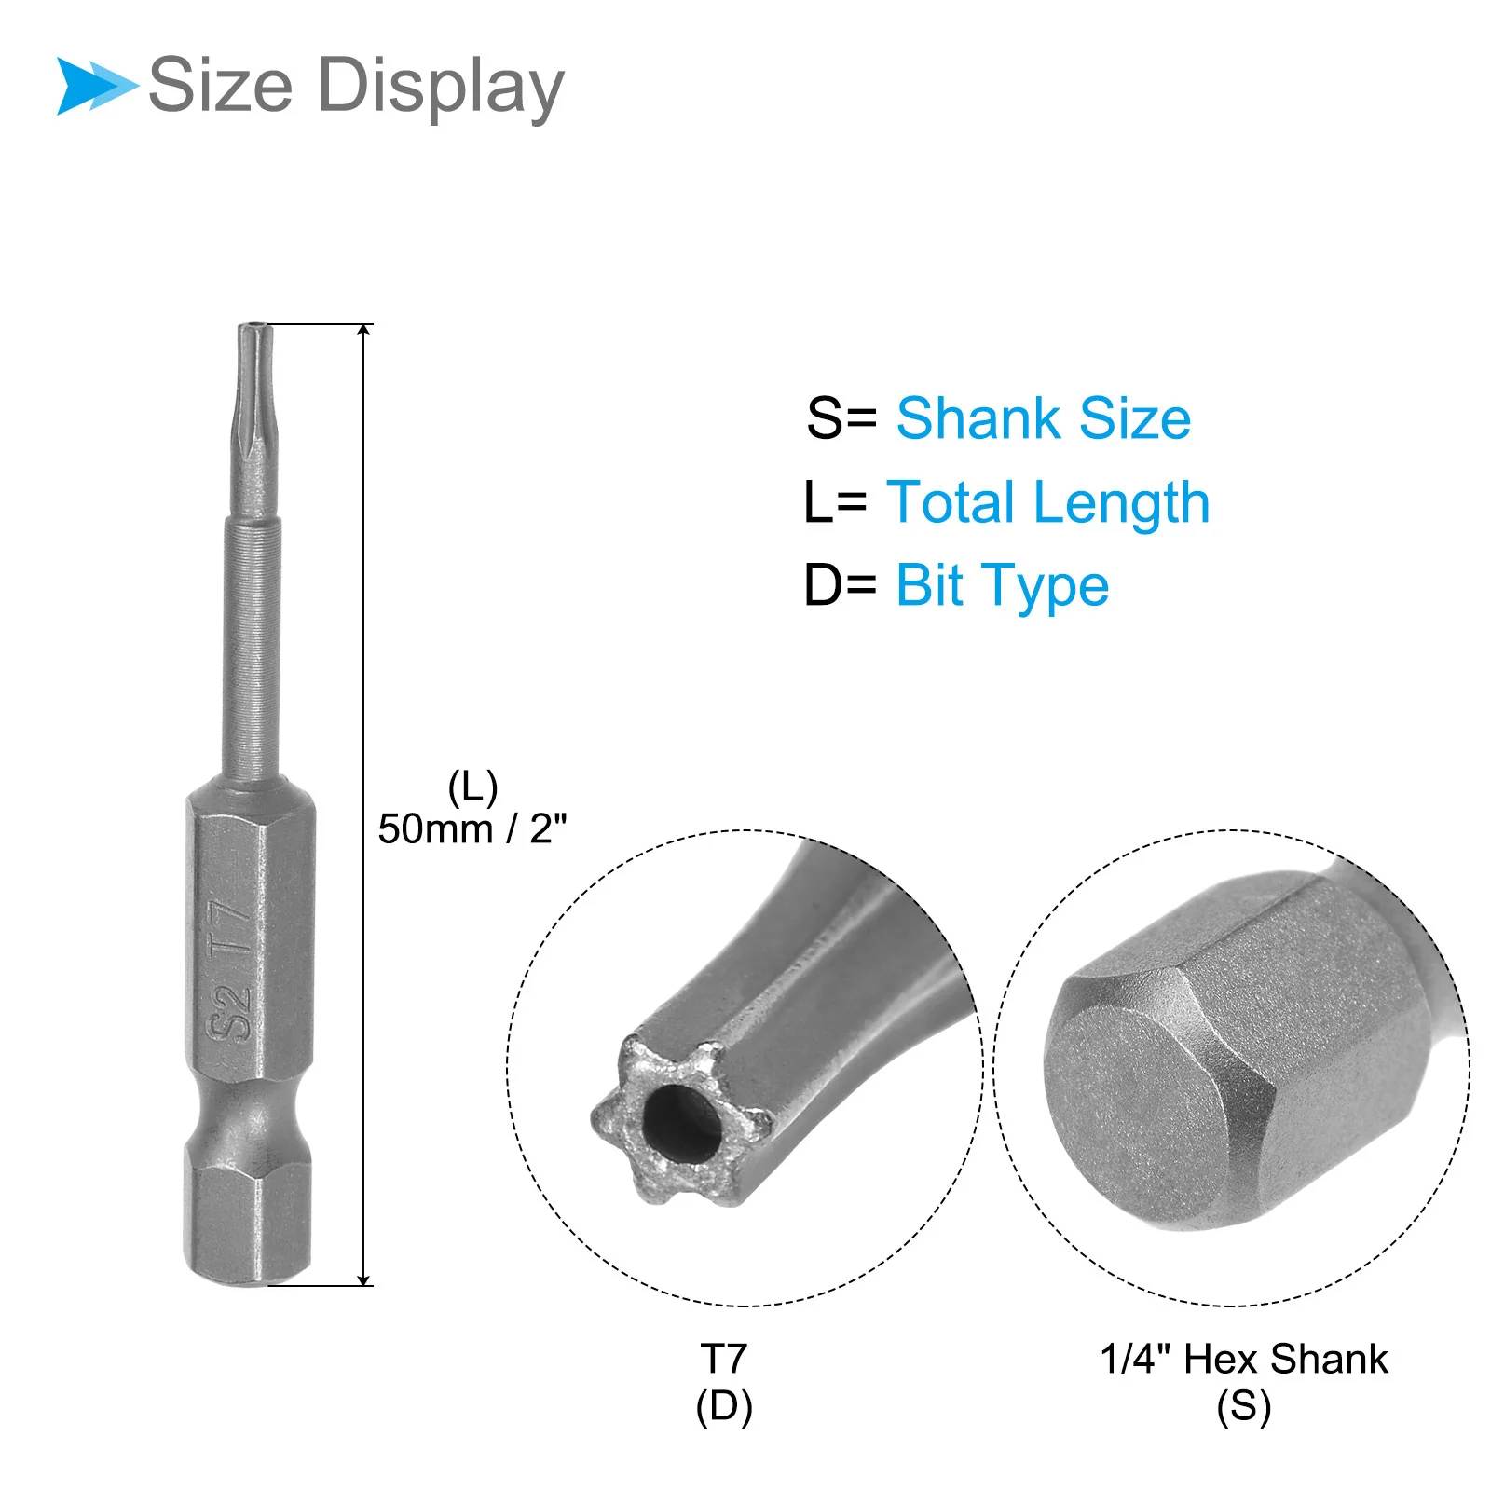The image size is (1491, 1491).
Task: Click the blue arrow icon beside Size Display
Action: pos(96,86)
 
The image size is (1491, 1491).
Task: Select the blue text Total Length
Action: pos(1048,503)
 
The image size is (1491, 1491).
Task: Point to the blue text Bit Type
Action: pos(1003,587)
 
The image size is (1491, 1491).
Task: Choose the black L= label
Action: pos(835,503)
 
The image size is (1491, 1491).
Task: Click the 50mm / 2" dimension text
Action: pos(472,828)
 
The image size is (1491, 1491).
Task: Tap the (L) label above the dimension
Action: pos(472,787)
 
